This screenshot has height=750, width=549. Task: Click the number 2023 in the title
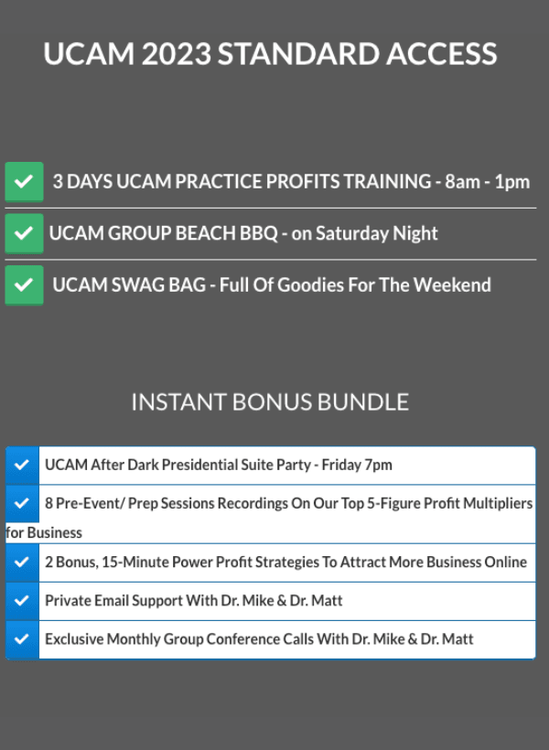coord(177,54)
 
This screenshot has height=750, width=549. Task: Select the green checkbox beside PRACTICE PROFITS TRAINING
coord(24,182)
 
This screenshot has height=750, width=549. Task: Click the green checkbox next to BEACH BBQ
coord(24,233)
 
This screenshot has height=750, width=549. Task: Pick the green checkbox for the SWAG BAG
coord(24,285)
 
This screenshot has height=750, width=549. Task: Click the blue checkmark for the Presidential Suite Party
coord(22,465)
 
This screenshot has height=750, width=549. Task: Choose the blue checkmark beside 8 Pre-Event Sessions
coord(22,503)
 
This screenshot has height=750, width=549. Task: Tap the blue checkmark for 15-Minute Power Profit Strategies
coord(22,562)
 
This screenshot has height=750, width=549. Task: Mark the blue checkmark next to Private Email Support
coord(22,601)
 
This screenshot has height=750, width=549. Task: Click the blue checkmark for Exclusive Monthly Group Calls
coord(22,639)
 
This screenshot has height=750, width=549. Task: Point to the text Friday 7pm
coord(357,465)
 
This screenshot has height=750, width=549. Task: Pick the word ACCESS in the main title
coord(441,54)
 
